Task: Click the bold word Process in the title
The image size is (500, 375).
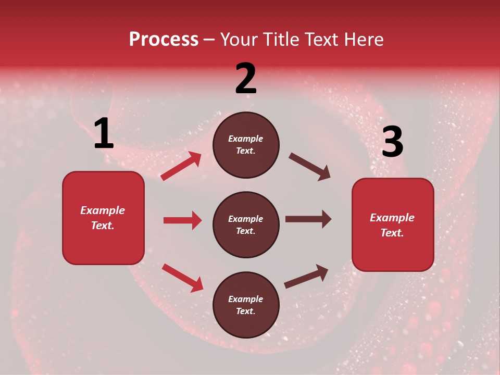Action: tap(164, 39)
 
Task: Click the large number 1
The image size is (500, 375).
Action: tap(104, 134)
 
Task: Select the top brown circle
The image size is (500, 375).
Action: tap(246, 145)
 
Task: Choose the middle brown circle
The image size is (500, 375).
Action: tap(246, 224)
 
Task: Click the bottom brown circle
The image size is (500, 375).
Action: tap(246, 305)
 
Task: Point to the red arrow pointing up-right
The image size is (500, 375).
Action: tap(181, 166)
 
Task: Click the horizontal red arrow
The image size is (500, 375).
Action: tap(182, 220)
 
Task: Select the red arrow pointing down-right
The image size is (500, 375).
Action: tap(182, 278)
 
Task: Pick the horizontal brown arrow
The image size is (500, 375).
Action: tap(308, 219)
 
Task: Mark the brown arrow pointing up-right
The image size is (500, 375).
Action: tap(306, 277)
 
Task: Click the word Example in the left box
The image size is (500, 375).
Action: tap(103, 210)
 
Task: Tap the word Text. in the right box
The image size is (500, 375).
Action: tap(392, 233)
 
